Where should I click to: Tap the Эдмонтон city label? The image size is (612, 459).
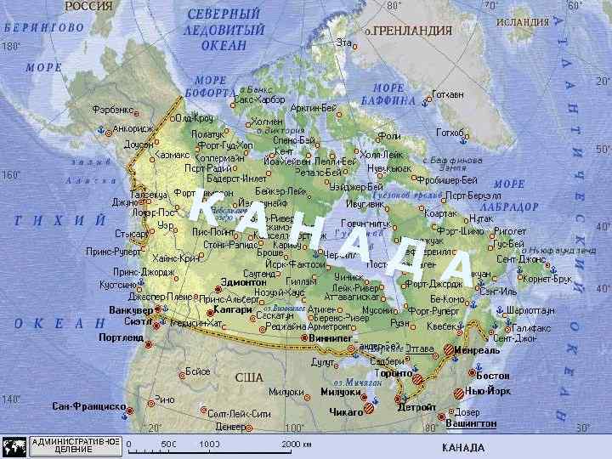coord(243,281)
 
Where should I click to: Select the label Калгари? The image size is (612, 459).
coord(234,310)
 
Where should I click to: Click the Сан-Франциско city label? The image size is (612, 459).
coord(89,406)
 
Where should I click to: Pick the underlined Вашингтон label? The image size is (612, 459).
coord(471,422)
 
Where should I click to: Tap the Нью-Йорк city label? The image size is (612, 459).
coord(488,392)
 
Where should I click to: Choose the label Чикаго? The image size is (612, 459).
coord(345,411)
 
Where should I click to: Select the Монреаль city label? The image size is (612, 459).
coord(477,350)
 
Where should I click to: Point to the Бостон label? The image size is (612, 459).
coord(493,376)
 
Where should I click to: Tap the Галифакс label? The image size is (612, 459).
coord(532,327)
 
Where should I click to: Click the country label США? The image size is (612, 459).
coord(248,377)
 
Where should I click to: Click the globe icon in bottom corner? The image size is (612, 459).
coord(14,446)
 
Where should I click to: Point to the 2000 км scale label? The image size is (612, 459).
coord(296,444)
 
